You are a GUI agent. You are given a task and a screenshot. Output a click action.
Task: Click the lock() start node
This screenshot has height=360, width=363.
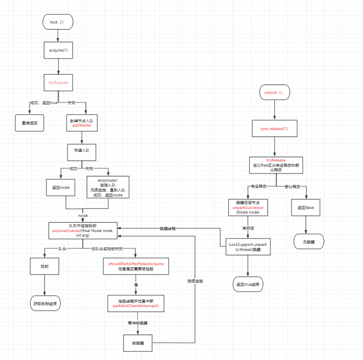[58, 22]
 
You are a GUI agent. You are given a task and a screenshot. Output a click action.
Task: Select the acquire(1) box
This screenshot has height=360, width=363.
[58, 50]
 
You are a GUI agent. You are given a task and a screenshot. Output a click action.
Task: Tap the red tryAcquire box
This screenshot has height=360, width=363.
[58, 83]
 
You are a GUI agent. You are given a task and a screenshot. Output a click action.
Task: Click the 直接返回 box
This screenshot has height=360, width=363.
[29, 123]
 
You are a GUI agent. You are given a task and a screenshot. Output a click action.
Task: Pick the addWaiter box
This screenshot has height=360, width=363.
[82, 123]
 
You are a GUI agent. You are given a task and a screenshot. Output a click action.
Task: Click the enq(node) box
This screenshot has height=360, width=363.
[108, 187]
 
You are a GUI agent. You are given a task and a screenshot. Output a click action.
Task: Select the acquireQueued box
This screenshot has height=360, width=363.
[82, 230]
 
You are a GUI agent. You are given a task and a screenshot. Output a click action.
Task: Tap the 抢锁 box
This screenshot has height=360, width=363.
[44, 266]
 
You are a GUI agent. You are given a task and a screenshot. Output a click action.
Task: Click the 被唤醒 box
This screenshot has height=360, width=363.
[137, 343]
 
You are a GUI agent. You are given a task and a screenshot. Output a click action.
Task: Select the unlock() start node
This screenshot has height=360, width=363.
[274, 92]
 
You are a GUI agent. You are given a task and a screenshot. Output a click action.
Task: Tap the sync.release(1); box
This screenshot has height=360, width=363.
[275, 129]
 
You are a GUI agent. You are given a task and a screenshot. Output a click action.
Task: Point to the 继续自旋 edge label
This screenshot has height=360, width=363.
[195, 280]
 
